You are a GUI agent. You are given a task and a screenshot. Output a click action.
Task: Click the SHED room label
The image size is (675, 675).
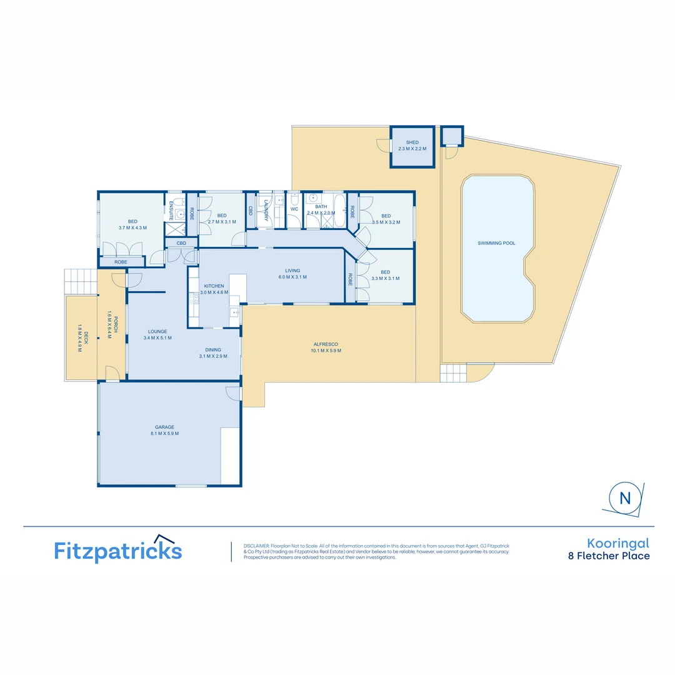pyautogui.click(x=412, y=142)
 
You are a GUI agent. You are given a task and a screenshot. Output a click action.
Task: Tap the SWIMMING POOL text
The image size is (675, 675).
pyautogui.click(x=496, y=243)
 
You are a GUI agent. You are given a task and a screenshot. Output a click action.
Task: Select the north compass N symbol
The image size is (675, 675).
pyautogui.click(x=624, y=498)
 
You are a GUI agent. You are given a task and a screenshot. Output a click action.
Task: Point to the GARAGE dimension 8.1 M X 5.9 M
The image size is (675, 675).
pyautogui.click(x=164, y=434)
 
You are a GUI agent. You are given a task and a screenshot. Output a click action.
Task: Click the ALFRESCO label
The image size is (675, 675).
pyautogui.click(x=326, y=344)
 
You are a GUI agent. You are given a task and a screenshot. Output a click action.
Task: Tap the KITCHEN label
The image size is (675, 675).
pyautogui.click(x=213, y=286)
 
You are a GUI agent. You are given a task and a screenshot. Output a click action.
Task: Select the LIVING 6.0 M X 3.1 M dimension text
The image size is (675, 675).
pyautogui.click(x=292, y=277)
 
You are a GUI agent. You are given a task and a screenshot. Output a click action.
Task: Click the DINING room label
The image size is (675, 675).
pyautogui.click(x=213, y=350)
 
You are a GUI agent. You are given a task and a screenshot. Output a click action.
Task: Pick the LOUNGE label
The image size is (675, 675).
pyautogui.click(x=157, y=331)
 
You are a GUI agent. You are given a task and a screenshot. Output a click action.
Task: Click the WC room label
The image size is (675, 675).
pyautogui.click(x=294, y=209)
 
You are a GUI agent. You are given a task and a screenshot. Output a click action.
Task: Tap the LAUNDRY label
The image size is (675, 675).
pyautogui.click(x=266, y=210)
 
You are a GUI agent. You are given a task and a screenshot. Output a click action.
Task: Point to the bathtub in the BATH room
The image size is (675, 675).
pyautogui.click(x=339, y=210)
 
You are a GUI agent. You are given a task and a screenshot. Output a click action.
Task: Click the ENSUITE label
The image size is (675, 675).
pyautogui.click(x=170, y=210)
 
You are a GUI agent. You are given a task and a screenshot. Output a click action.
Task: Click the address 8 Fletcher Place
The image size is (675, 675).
pyautogui.click(x=608, y=556)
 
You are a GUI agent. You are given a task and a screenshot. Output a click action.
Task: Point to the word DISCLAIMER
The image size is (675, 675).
pyautogui.click(x=256, y=546)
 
